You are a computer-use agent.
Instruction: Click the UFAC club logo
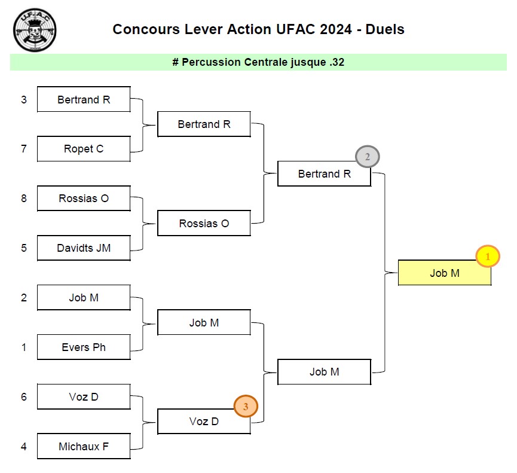click(36, 29)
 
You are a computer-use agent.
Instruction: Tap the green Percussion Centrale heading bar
click(258, 62)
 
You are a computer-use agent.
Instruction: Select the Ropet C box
click(84, 149)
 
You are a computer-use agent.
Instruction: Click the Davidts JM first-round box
click(84, 248)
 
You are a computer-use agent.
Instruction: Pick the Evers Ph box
click(84, 347)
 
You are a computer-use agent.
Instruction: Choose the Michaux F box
click(84, 446)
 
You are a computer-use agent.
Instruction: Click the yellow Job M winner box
click(444, 273)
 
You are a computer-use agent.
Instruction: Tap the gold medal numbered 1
click(487, 257)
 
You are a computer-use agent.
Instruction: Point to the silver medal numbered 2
click(368, 157)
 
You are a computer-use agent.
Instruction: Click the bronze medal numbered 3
click(246, 407)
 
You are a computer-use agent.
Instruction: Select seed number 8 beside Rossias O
click(24, 198)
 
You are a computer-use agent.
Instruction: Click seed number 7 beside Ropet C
click(24, 149)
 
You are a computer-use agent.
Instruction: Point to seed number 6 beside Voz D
click(24, 396)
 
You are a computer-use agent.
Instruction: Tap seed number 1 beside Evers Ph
click(24, 347)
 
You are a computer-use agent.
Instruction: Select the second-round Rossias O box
click(204, 223)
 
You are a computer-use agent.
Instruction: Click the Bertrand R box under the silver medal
click(324, 174)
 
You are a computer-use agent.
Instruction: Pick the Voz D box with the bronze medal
click(204, 422)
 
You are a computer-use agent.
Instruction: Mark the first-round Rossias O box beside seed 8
click(84, 198)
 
